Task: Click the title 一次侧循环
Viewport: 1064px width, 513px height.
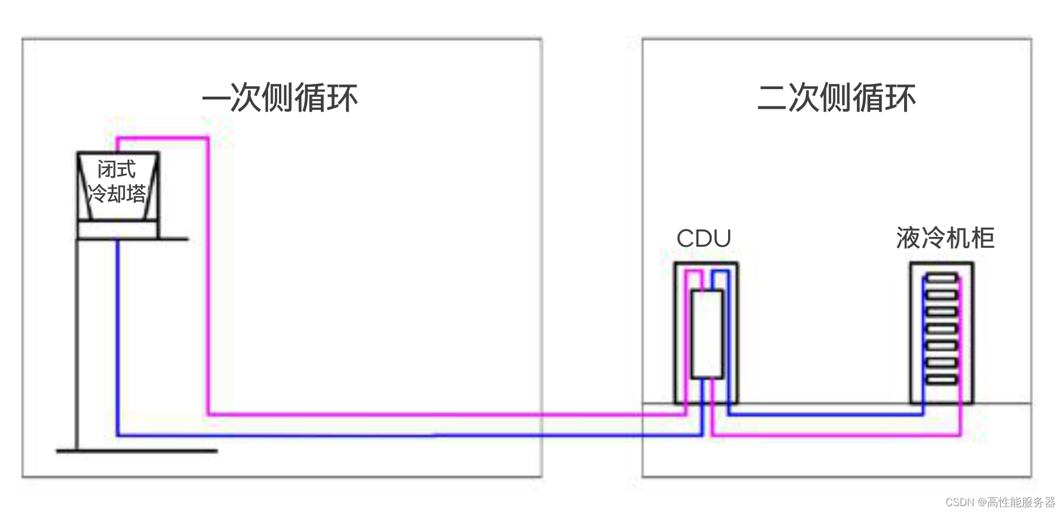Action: point(280,97)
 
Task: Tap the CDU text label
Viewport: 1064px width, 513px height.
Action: point(703,238)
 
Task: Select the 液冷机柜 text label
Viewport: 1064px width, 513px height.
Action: point(945,238)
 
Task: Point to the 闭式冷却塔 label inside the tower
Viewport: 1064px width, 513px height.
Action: point(117,182)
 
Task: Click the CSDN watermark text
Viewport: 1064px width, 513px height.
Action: point(1000,502)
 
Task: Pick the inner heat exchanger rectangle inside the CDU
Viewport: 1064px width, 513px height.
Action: point(707,334)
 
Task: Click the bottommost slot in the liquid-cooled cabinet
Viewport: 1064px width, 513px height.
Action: point(941,380)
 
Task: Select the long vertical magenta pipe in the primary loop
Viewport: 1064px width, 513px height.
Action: point(208,276)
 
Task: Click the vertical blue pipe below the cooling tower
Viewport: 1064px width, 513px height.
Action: point(117,339)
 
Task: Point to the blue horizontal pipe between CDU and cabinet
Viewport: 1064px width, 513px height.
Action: point(825,414)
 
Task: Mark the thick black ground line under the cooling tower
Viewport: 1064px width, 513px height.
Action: point(137,451)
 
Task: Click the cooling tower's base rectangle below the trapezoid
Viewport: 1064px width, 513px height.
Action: point(117,230)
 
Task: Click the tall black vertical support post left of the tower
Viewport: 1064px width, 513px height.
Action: point(76,345)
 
